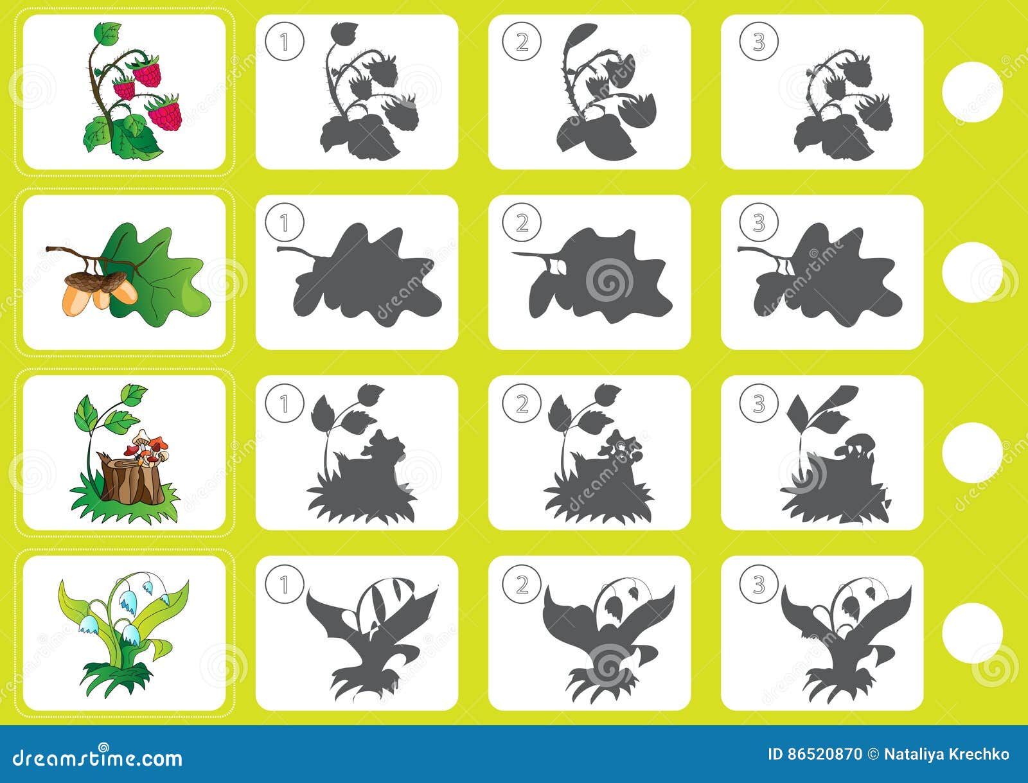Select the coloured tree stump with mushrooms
pos(128,456)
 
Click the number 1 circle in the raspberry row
pos(283,42)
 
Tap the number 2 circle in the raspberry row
pos(522,42)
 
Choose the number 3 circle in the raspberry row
pos(759,42)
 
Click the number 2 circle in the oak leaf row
pos(522,222)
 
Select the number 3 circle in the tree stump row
pos(759,403)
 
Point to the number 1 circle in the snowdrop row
pos(283,584)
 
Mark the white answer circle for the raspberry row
pos(972,92)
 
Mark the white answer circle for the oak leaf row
pos(972,272)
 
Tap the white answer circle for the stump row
pos(972,453)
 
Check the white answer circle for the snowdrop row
pos(972,633)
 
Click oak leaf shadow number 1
pos(363,276)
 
